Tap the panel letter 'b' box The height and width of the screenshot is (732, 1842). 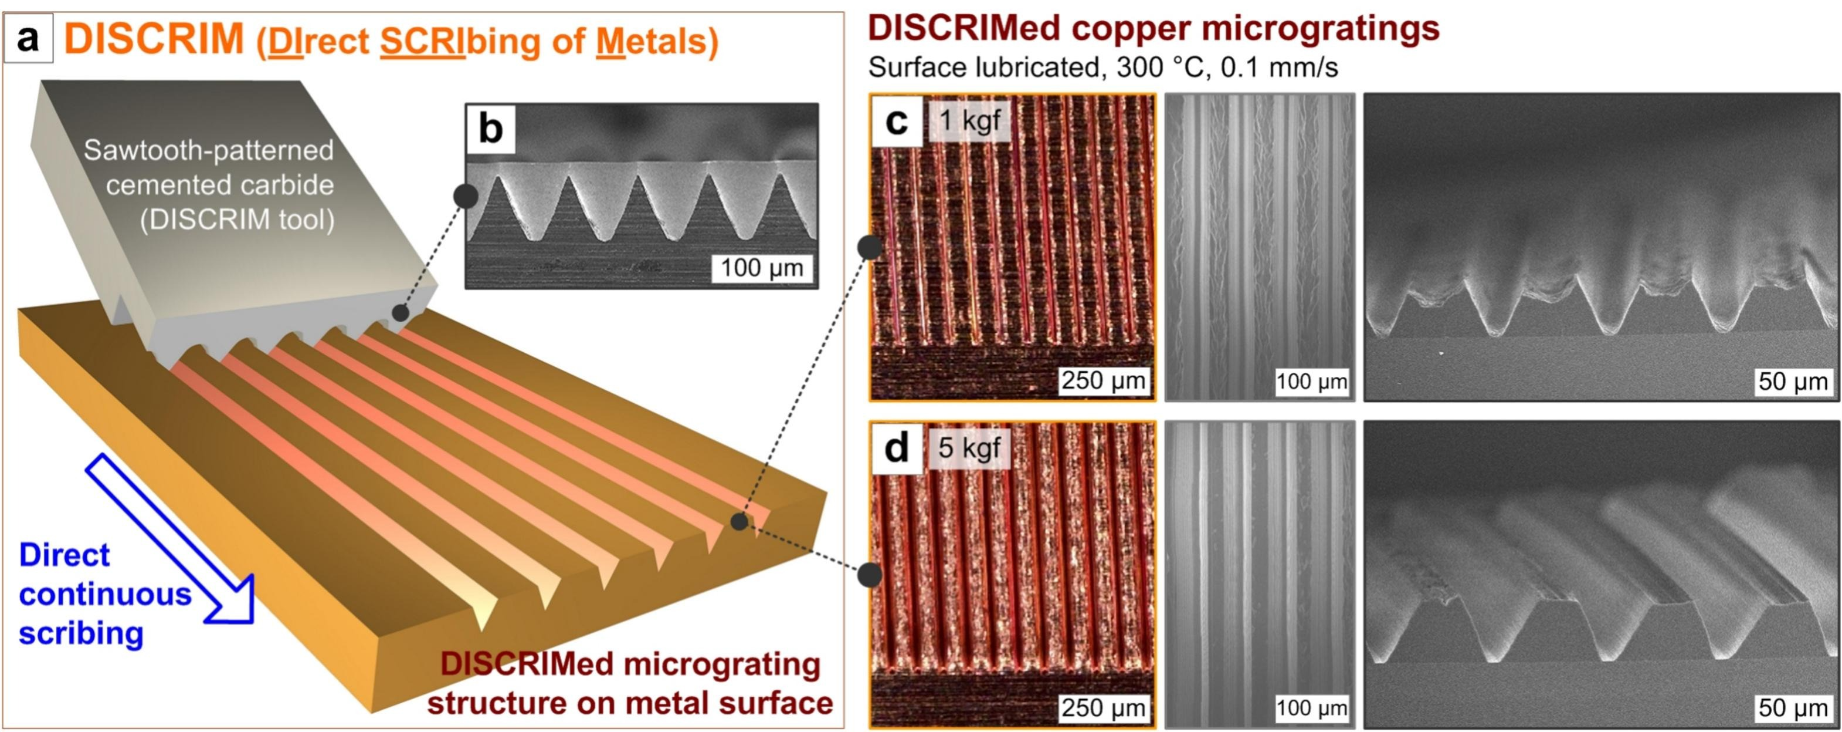point(490,129)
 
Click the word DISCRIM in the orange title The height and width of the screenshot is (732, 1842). point(154,39)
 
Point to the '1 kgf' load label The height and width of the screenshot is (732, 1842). point(969,120)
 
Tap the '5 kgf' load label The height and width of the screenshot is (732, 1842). point(969,448)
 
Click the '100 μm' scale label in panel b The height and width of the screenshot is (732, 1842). point(762,268)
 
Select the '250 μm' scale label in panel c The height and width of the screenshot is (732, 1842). point(1103,380)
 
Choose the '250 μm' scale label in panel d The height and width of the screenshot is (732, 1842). point(1103,708)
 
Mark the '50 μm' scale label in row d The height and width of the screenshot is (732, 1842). point(1793,708)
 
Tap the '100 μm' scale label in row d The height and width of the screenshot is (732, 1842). point(1311,709)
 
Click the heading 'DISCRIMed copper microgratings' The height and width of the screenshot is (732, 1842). point(1153,29)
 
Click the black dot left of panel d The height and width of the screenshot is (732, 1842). point(870,574)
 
